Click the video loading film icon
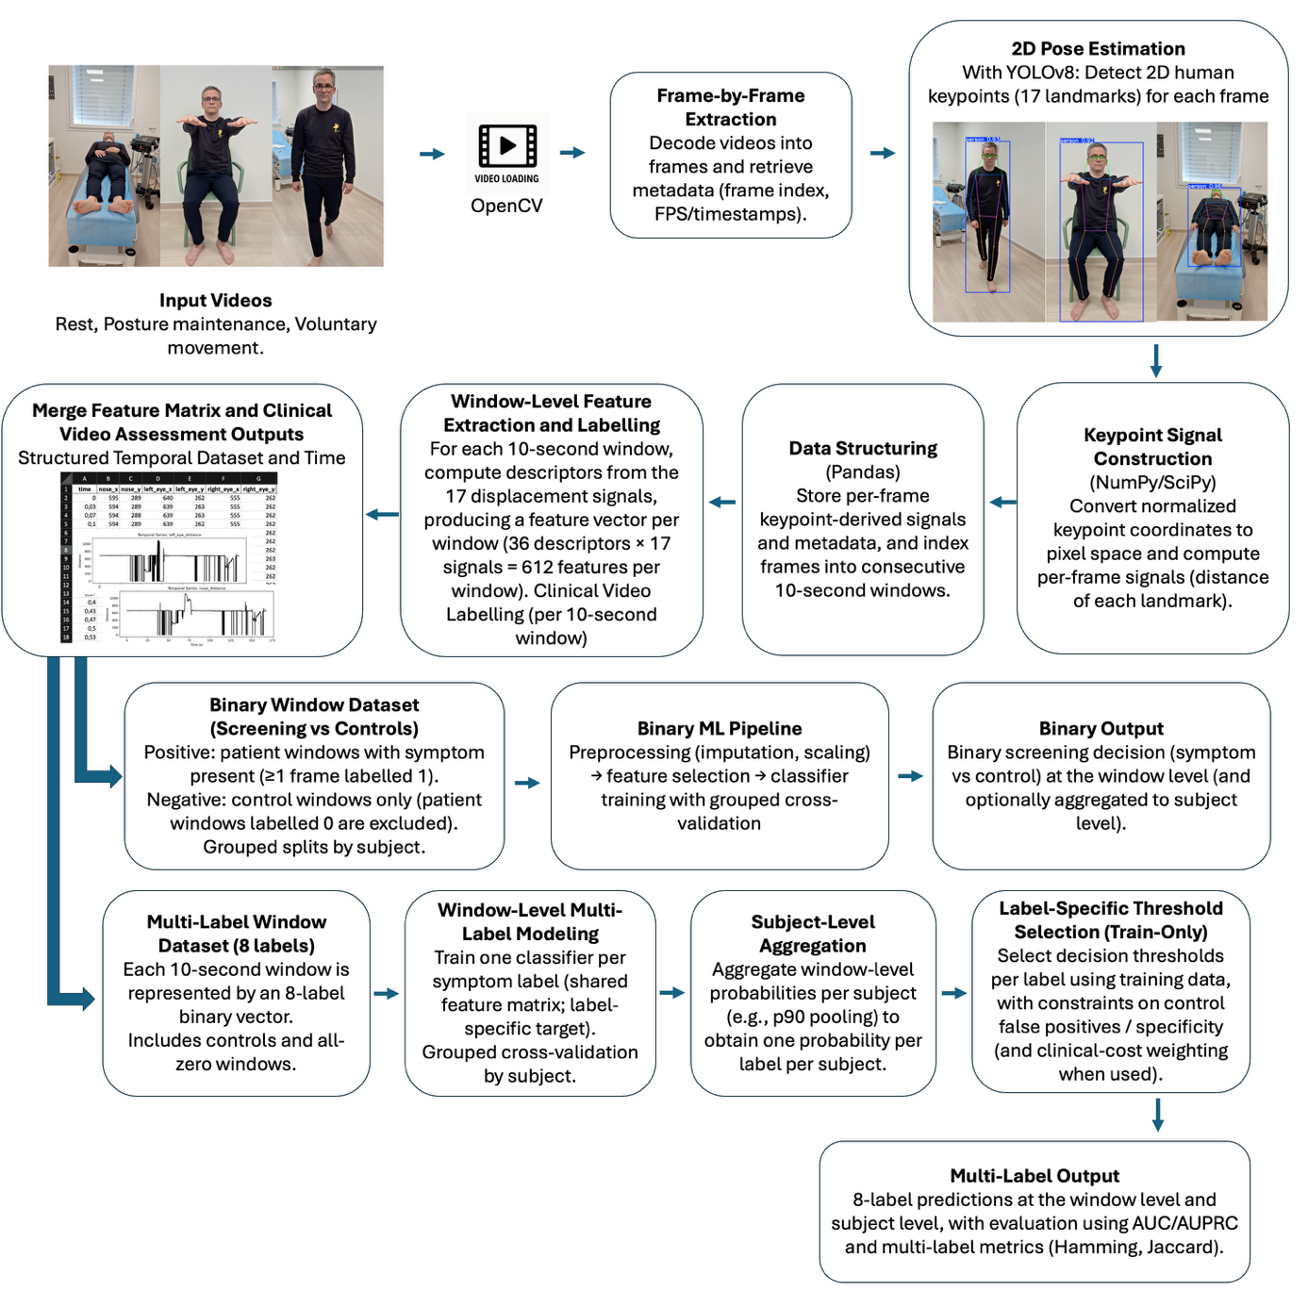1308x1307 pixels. point(507,146)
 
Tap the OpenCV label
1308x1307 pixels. point(506,206)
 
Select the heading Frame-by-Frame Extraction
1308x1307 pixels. point(731,108)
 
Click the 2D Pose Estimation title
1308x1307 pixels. point(1098,49)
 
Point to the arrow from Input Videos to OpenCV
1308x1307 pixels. point(432,154)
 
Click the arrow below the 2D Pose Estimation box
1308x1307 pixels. point(1156,360)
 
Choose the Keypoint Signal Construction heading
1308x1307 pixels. point(1152,447)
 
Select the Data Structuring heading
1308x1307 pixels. point(863,448)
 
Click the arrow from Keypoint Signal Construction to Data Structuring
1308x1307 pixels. point(1002,503)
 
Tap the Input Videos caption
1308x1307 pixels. point(215,301)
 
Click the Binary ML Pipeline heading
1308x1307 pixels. point(720,729)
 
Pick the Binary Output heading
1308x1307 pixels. point(1101,729)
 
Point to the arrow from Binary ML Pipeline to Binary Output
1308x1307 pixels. point(910,776)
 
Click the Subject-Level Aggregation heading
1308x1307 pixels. point(813,934)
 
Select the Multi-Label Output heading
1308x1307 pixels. point(1035,1176)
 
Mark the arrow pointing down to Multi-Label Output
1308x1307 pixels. point(1157,1115)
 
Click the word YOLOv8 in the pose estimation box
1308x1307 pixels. point(1040,73)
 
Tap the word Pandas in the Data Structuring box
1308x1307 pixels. point(863,472)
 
